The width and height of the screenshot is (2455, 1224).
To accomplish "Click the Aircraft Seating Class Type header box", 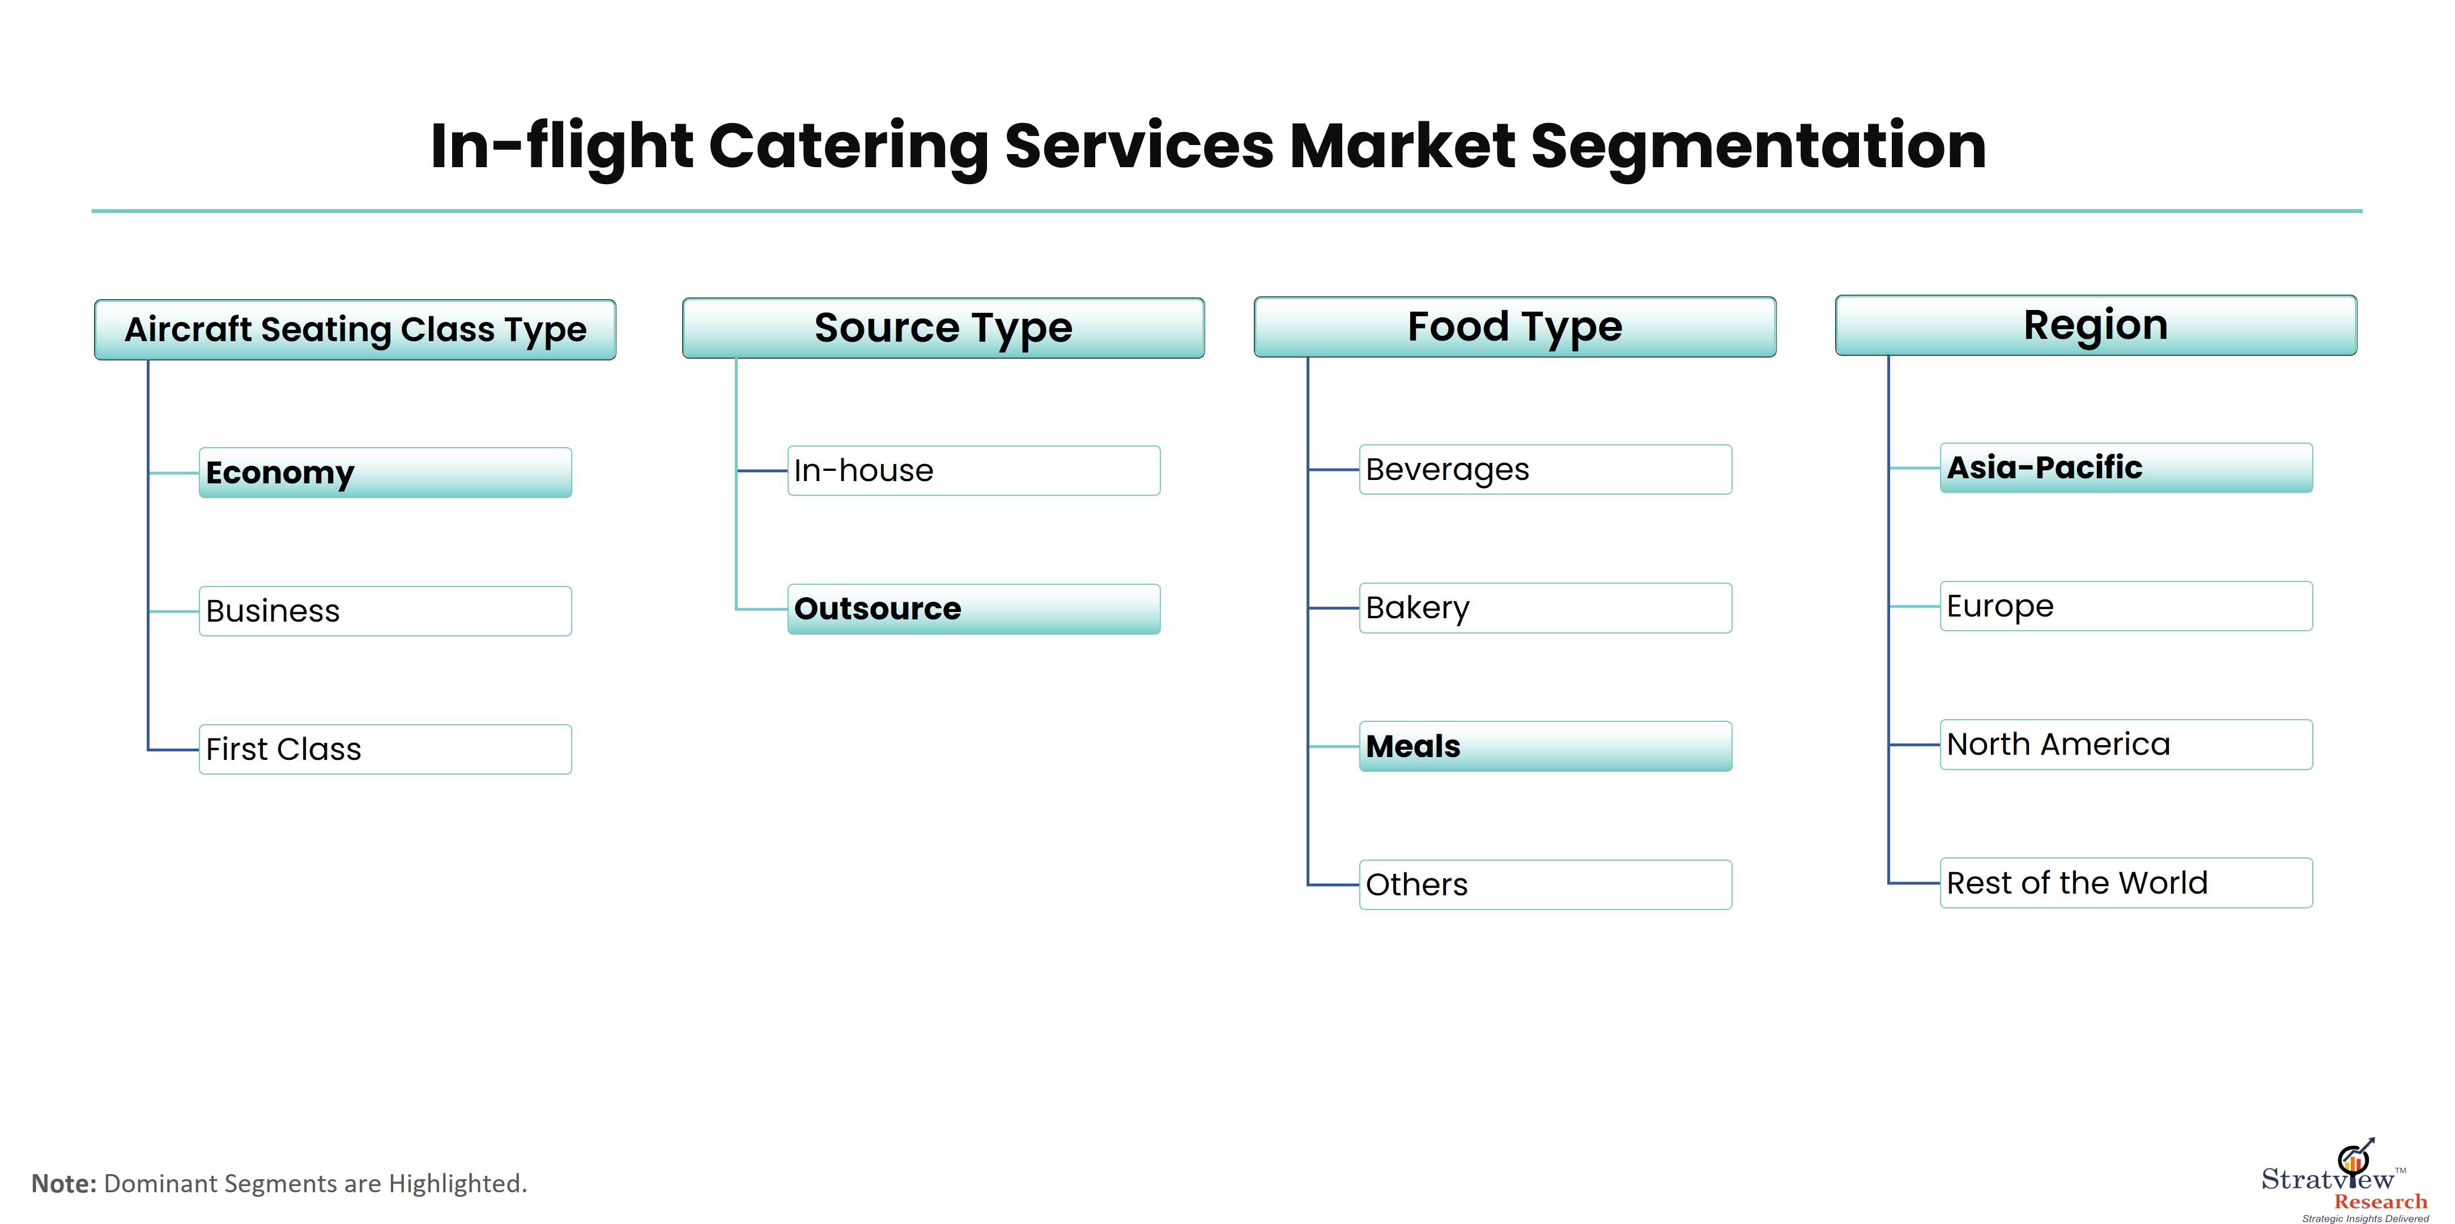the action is [355, 330].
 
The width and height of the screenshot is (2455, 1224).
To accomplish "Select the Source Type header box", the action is [943, 328].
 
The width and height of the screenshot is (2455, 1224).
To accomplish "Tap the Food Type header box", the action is [1515, 327].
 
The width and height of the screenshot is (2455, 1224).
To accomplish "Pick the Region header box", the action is [2096, 325].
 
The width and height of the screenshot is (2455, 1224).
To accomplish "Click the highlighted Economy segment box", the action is [385, 473].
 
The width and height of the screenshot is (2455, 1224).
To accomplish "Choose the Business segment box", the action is [385, 611].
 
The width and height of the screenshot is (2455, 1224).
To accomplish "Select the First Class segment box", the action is [385, 749].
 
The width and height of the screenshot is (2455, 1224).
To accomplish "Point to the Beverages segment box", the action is [1545, 470].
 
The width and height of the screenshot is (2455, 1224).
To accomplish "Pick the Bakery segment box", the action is [1545, 608].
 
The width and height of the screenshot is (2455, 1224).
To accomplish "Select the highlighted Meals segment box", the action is [1545, 746].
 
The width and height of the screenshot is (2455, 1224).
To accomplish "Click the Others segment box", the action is [1545, 885].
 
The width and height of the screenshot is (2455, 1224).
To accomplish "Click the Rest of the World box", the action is [2126, 883].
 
